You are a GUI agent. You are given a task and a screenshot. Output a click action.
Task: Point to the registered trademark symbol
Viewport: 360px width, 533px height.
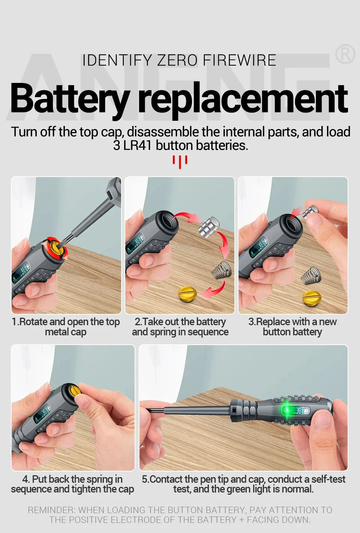[x=345, y=54]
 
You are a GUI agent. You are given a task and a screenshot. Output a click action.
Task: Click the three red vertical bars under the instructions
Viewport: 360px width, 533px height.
[x=180, y=162]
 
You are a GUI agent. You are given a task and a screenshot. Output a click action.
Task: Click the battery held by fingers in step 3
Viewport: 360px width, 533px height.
[x=310, y=211]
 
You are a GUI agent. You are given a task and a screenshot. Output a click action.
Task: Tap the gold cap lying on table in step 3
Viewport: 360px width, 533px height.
[x=312, y=298]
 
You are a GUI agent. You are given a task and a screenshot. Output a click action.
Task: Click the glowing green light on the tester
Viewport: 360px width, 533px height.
[x=288, y=411]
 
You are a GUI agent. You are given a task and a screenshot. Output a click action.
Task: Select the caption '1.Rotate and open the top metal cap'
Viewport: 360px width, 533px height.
[x=66, y=327]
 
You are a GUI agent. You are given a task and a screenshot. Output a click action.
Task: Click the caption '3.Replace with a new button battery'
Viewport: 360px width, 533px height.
[x=292, y=327]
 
